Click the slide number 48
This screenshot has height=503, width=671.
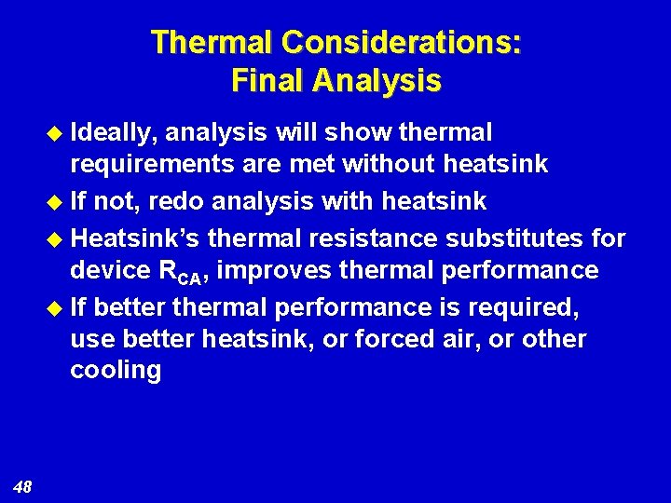[23, 485]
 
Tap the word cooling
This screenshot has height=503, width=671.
[116, 371]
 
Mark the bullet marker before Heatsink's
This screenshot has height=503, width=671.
[54, 238]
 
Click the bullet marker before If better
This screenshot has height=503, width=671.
[54, 306]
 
